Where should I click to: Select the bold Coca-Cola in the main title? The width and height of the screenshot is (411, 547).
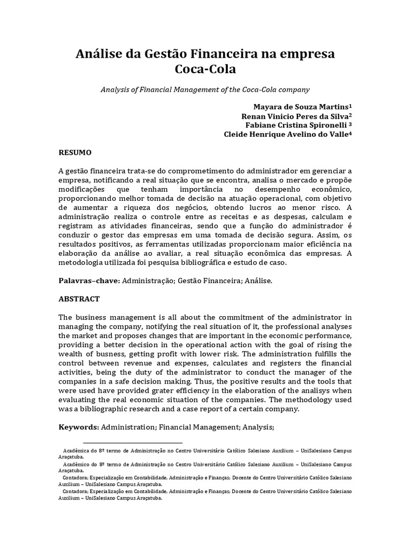pyautogui.click(x=205, y=69)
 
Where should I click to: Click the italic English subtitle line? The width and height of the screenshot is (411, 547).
pyautogui.click(x=205, y=90)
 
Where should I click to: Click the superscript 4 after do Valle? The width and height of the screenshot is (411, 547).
pyautogui.click(x=351, y=133)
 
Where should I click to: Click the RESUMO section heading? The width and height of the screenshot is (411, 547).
pyautogui.click(x=75, y=152)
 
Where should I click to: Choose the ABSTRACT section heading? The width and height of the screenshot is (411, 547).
pyautogui.click(x=79, y=299)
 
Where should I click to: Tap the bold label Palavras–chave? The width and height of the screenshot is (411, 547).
pyautogui.click(x=89, y=280)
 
